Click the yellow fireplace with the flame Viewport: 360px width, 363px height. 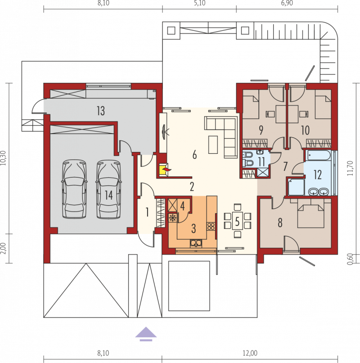pyautogui.click(x=165, y=170)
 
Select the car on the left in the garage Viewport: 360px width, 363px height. pyautogui.click(x=74, y=189)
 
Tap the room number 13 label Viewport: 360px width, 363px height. pyautogui.click(x=101, y=111)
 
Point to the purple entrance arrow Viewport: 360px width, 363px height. pyautogui.click(x=146, y=334)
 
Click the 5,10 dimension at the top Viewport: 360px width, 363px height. pyautogui.click(x=200, y=3)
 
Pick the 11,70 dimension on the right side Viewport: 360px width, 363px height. pyautogui.click(x=350, y=168)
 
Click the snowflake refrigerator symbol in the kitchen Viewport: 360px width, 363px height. pyautogui.click(x=173, y=218)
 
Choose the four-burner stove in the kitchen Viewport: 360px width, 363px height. pyautogui.click(x=211, y=226)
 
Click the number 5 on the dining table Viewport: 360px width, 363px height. pyautogui.click(x=238, y=222)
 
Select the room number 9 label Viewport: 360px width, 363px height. pyautogui.click(x=261, y=130)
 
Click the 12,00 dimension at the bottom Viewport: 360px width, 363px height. pyautogui.click(x=250, y=353)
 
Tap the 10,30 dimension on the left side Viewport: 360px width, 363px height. pyautogui.click(x=3, y=158)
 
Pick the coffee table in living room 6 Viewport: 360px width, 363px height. pyautogui.click(x=213, y=145)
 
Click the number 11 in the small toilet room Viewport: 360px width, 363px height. pyautogui.click(x=261, y=161)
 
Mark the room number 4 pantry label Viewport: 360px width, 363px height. pyautogui.click(x=183, y=206)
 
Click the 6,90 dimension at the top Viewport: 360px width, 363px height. pyautogui.click(x=287, y=3)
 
